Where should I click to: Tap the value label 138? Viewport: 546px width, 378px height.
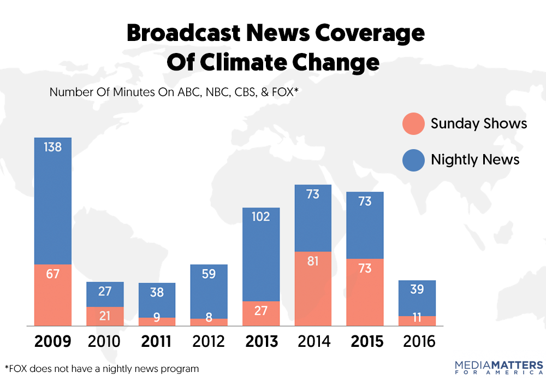pos(53,146)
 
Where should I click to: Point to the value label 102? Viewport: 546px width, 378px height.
pos(261,217)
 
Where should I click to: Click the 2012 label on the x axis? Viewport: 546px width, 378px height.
pos(209,342)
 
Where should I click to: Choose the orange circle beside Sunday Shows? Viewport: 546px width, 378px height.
pos(413,123)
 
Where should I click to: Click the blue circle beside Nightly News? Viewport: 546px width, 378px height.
pos(413,161)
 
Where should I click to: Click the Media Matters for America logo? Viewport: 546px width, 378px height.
pos(498,367)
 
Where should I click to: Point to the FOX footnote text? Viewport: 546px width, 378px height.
pos(102,368)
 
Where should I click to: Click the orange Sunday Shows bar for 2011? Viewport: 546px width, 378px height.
pos(157,322)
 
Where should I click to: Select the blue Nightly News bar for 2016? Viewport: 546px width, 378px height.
pos(417,298)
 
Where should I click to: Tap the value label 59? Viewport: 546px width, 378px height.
pos(209,274)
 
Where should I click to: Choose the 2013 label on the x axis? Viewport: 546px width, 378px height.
pos(261,342)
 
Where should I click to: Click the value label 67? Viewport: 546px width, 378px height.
pos(53,274)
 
